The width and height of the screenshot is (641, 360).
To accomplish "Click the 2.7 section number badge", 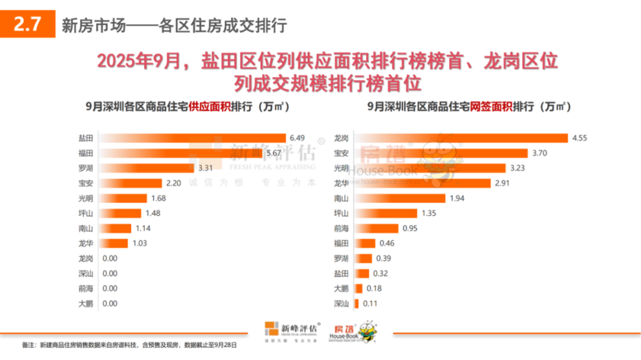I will tap(27, 25).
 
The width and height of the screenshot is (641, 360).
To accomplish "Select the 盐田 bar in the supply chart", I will tap(193, 138).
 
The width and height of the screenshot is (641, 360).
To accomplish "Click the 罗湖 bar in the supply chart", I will tap(146, 168).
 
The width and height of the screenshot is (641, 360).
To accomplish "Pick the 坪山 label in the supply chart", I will tap(85, 213).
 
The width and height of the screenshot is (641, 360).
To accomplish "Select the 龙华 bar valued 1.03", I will tap(113, 243).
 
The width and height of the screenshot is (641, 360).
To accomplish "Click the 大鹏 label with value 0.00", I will tap(85, 304).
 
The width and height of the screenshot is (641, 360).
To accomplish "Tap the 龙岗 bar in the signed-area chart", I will tap(461, 138).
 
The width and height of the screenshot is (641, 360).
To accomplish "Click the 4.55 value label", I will tap(580, 138).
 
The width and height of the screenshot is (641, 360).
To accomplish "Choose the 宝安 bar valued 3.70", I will tap(439, 153).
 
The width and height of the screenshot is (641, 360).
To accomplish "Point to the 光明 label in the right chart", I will tap(341, 168).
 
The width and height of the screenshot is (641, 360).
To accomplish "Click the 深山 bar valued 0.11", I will tap(357, 304).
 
